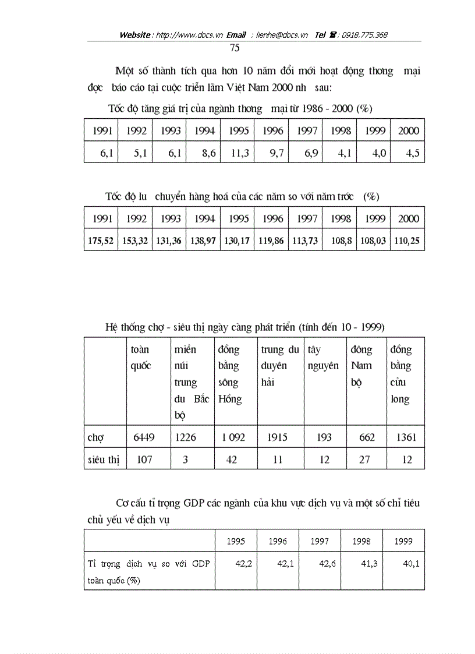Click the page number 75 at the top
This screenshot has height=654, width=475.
[235, 48]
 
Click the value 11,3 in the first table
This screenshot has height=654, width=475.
[239, 154]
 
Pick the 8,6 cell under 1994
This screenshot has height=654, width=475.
[205, 154]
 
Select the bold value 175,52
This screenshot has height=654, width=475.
[101, 241]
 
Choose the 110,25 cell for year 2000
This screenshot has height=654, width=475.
[408, 241]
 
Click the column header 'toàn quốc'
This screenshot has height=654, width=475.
[140, 358]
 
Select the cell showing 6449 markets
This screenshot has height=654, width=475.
[144, 437]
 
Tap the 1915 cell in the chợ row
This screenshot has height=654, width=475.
[278, 437]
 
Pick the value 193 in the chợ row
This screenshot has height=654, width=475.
[324, 437]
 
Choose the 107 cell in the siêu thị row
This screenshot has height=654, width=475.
[144, 459]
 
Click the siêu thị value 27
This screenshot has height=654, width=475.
[364, 459]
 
